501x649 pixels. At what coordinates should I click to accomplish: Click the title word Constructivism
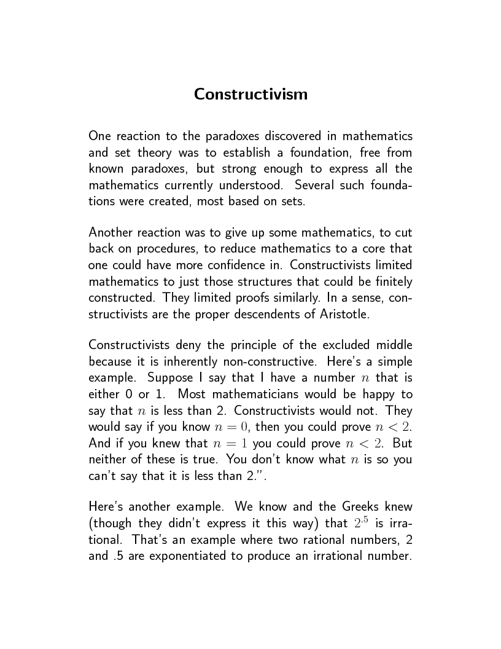pos(251,95)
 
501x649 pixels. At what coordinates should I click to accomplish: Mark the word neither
pos(108,458)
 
